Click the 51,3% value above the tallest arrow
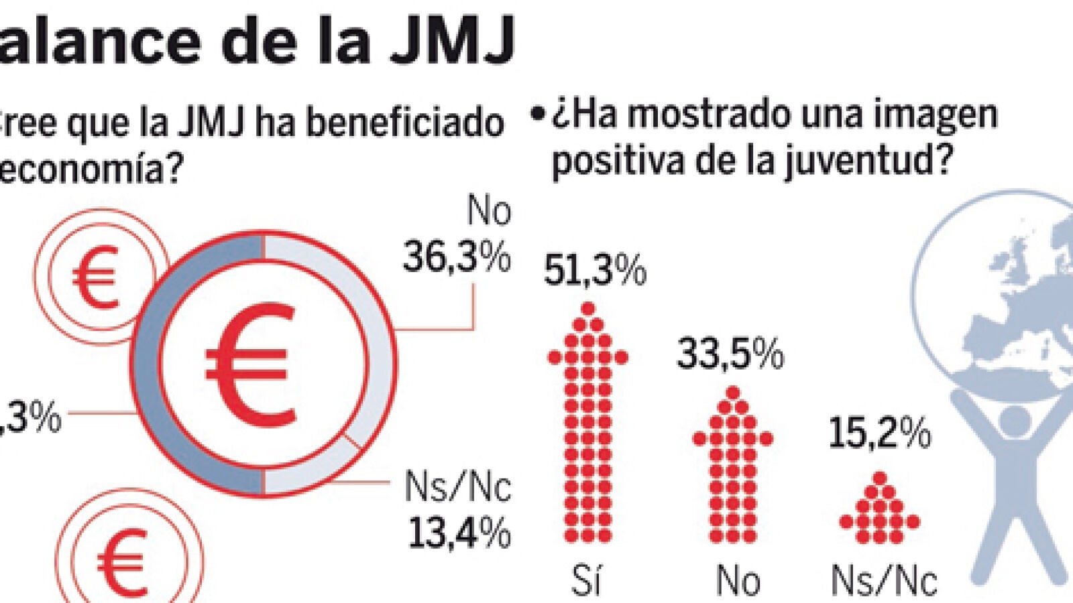594,271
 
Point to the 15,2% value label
880,433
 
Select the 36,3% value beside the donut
457,256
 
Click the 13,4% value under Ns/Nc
459,533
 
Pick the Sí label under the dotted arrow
586,580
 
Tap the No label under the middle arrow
738,580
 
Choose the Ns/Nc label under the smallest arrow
884,580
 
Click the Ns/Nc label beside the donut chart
457,486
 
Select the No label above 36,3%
489,212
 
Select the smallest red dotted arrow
879,511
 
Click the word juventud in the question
862,161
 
